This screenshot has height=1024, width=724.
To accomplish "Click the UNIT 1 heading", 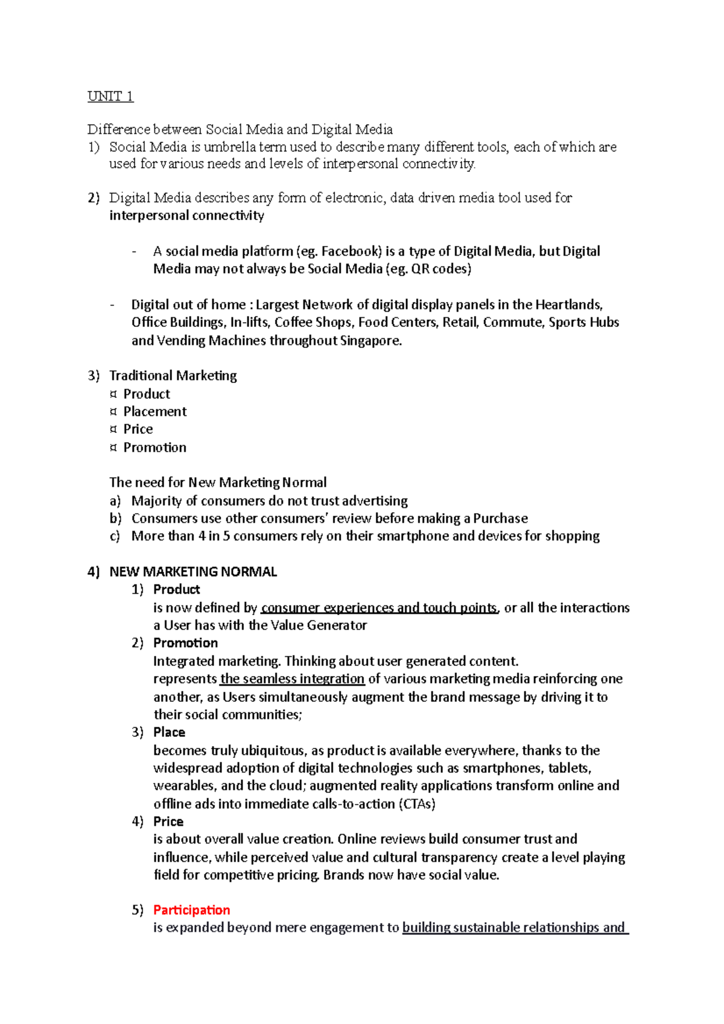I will [110, 96].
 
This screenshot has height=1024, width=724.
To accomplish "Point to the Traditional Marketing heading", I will [173, 376].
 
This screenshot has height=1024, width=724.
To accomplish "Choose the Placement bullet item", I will [155, 412].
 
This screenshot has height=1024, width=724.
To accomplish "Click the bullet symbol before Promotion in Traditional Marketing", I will [113, 447].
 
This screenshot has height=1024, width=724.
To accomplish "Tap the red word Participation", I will [191, 910].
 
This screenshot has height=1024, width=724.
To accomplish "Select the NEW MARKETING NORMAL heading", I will [193, 572].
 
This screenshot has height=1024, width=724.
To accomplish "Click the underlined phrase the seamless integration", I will [292, 679].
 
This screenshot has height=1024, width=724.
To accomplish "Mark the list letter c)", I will [115, 536].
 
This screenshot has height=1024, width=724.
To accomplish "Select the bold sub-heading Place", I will [169, 733].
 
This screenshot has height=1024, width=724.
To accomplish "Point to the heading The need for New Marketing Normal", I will [218, 482].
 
